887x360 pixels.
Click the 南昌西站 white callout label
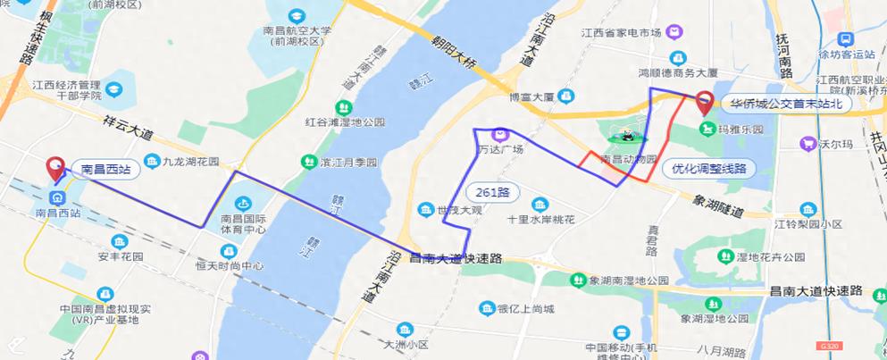(x=105, y=168)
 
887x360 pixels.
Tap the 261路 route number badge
(x=492, y=192)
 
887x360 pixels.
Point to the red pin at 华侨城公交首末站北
(x=705, y=103)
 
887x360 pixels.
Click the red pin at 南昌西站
(x=55, y=167)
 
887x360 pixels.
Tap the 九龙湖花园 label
(x=190, y=163)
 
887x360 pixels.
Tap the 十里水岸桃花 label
(x=540, y=219)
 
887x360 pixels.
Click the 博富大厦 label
(x=531, y=96)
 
